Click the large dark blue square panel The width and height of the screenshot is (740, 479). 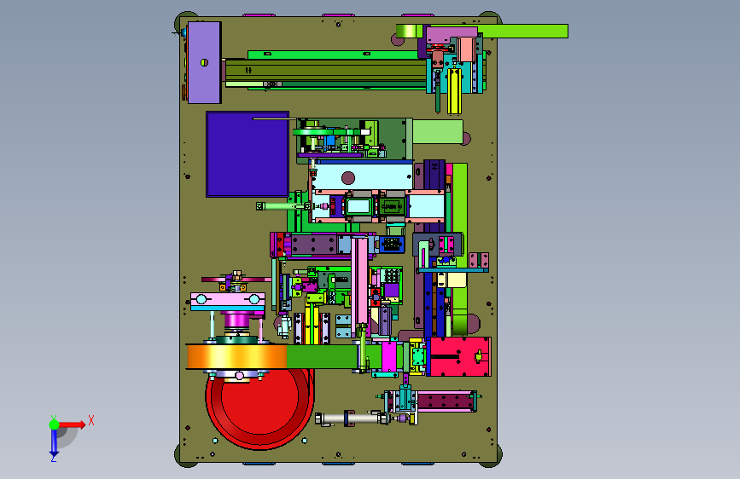248,154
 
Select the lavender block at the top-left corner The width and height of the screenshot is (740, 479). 204,62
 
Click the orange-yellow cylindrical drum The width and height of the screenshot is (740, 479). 236,357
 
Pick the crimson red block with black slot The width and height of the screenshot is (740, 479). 458,356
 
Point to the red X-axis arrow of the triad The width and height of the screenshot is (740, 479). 72,424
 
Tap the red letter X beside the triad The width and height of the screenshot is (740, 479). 91,420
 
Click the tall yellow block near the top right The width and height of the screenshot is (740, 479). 454,91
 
